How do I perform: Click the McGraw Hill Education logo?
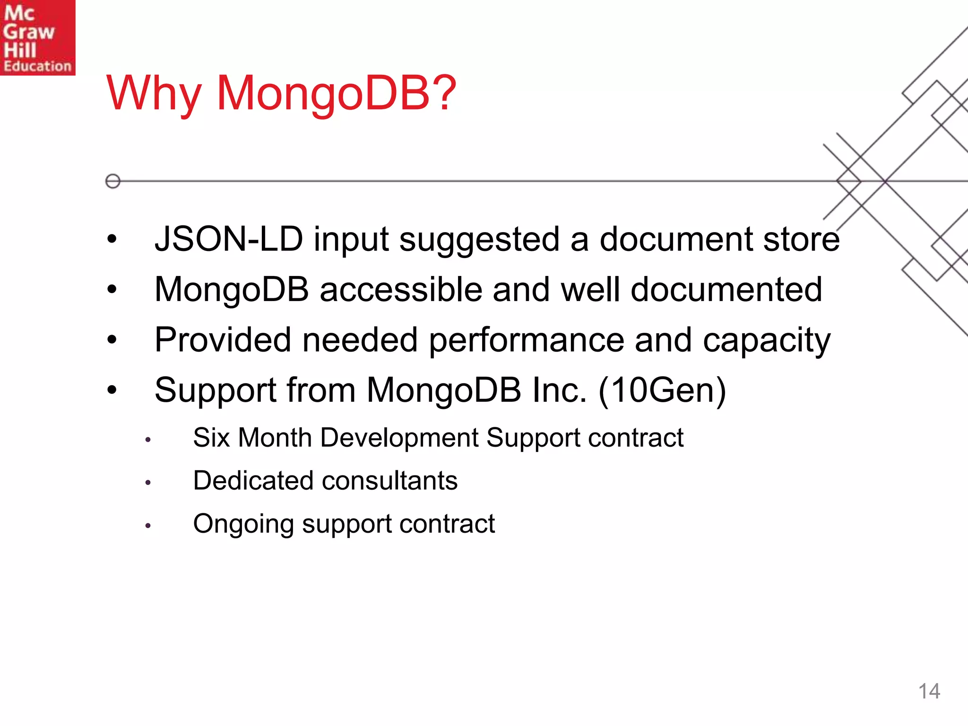point(37,37)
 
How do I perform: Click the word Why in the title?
point(154,94)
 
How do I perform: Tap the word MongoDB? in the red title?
point(336,94)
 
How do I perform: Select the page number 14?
point(929,691)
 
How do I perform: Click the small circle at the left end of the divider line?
point(112,181)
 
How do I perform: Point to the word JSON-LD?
point(229,239)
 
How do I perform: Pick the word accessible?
point(401,289)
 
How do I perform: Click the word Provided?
point(223,340)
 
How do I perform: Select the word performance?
point(526,341)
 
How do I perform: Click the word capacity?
point(766,341)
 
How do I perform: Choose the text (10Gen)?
point(662,391)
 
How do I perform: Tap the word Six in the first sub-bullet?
point(211,438)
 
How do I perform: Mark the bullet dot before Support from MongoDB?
point(112,390)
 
